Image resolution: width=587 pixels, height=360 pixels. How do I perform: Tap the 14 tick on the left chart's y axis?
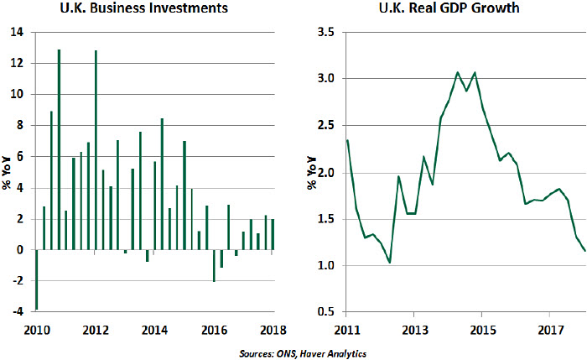pyautogui.click(x=18, y=32)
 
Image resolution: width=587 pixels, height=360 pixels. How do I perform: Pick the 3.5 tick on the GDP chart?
pyautogui.click(x=326, y=32)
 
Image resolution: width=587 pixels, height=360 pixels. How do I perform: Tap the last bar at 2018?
pyautogui.click(x=273, y=234)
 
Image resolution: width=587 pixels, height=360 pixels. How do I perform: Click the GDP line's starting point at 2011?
pyautogui.click(x=347, y=140)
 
